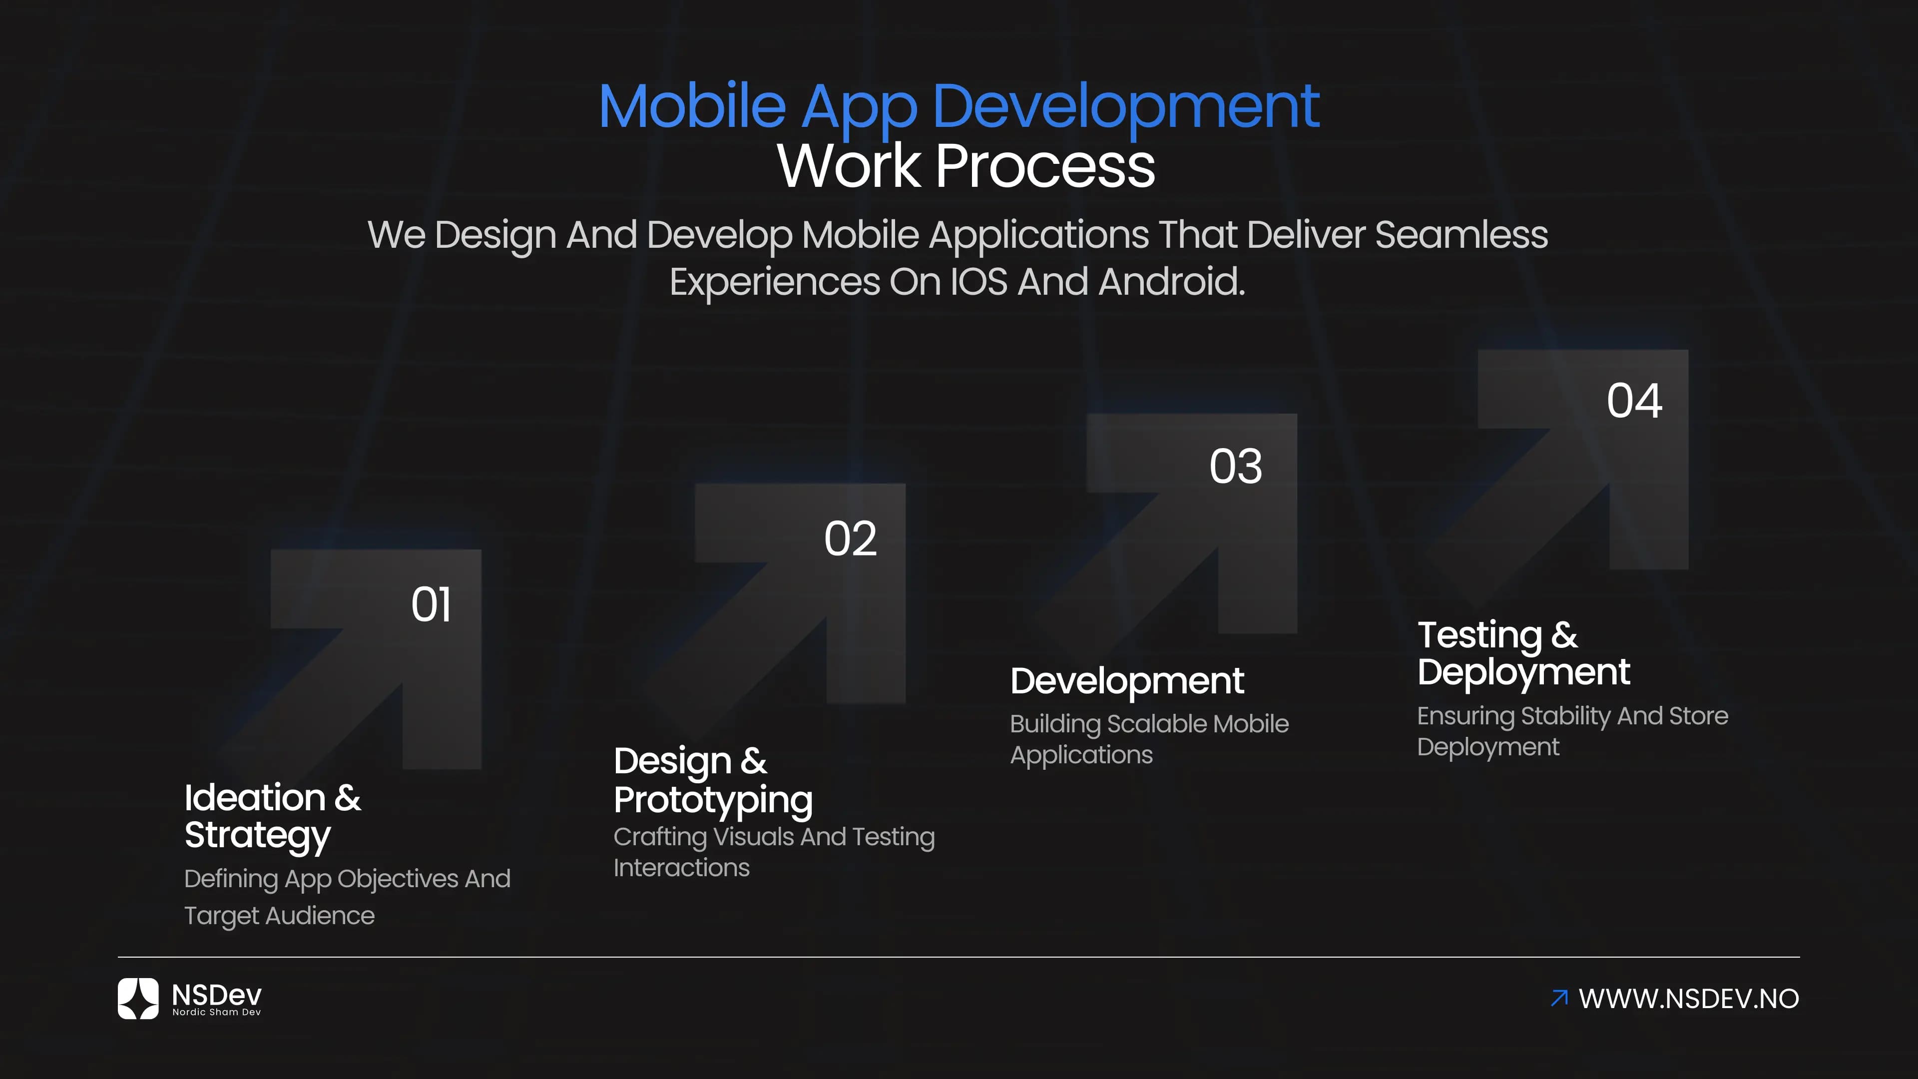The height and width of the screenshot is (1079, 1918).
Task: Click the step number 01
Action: pyautogui.click(x=431, y=604)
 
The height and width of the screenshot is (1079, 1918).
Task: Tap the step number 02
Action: pyautogui.click(x=850, y=539)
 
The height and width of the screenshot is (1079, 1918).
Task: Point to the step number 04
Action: pyautogui.click(x=1634, y=401)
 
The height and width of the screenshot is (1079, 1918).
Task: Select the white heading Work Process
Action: pyautogui.click(x=965, y=165)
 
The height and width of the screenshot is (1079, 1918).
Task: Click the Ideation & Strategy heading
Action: pyautogui.click(x=273, y=816)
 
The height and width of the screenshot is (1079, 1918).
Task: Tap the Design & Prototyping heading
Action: pyautogui.click(x=713, y=780)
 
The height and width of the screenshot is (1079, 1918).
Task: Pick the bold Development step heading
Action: pyautogui.click(x=1126, y=680)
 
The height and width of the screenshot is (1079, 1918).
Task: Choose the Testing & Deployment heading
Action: pyautogui.click(x=1523, y=653)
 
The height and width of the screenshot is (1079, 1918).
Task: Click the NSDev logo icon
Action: pyautogui.click(x=138, y=999)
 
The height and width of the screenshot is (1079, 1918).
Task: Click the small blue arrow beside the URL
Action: pyautogui.click(x=1559, y=998)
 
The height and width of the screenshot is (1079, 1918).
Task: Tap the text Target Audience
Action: pyautogui.click(x=279, y=915)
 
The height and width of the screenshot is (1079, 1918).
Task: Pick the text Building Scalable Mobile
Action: pyautogui.click(x=1149, y=724)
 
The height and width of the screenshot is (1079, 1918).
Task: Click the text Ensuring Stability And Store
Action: pyautogui.click(x=1572, y=716)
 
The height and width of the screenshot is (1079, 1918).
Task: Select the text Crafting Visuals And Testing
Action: pyautogui.click(x=774, y=837)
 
